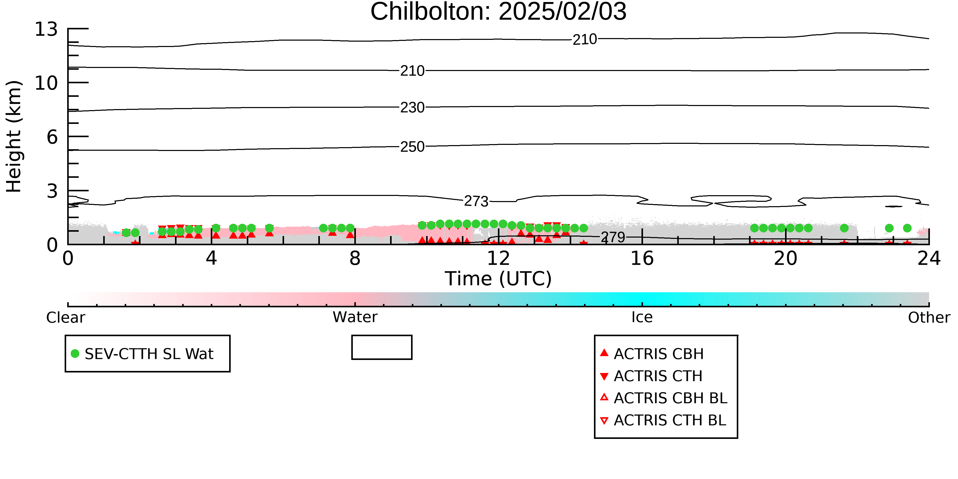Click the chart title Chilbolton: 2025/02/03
point(498,12)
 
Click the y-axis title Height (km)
point(14,136)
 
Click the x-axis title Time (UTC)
point(498,278)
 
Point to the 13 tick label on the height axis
point(46,29)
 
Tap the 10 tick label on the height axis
point(46,83)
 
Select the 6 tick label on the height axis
point(52,137)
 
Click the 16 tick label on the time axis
point(642,259)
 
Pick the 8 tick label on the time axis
point(355,259)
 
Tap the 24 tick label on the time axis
point(929,259)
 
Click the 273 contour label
point(476,201)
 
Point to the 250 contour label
point(412,147)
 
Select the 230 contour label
point(412,108)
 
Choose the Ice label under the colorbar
point(642,317)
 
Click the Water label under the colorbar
point(355,317)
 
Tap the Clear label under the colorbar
point(65,318)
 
